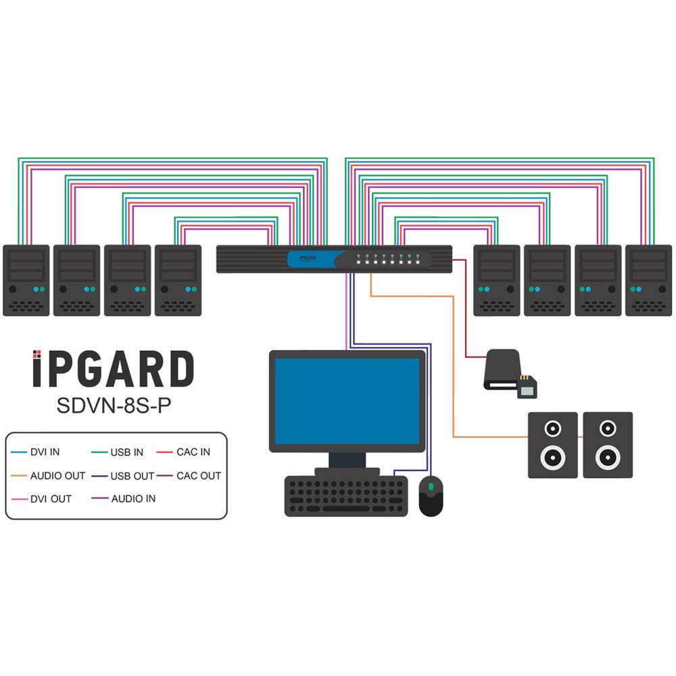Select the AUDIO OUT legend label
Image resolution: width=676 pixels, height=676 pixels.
[57, 476]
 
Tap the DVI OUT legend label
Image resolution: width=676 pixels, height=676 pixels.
[51, 499]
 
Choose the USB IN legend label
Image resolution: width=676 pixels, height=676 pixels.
[126, 452]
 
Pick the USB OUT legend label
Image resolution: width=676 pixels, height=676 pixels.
[132, 476]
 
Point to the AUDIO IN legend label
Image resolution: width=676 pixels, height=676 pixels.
[133, 499]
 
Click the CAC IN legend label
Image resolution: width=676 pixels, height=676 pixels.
[193, 452]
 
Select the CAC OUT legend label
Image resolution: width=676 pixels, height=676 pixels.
[199, 476]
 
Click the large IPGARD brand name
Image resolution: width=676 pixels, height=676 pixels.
[113, 370]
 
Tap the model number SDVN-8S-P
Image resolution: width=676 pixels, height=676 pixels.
[113, 405]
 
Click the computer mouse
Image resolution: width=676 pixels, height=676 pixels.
[431, 496]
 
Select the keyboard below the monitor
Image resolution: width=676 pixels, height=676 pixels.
[346, 496]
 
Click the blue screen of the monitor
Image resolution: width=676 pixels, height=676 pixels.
[347, 401]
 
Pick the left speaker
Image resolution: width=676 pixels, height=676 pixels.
[552, 445]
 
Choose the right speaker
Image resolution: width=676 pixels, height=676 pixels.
[608, 445]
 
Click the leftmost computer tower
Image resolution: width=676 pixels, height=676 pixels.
[26, 280]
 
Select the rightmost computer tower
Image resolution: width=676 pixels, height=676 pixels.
[648, 280]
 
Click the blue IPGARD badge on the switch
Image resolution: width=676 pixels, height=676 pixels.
[311, 258]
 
